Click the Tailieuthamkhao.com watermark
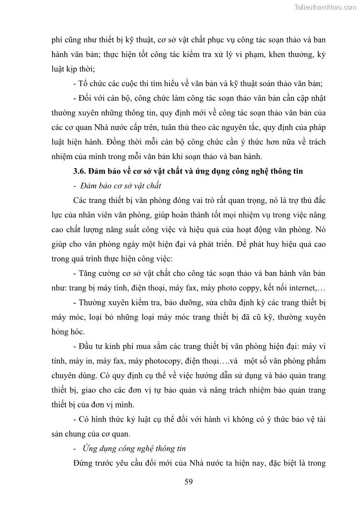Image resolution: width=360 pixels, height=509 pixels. (326, 7)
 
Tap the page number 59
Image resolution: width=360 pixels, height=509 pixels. (189, 481)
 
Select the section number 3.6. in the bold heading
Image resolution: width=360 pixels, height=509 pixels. (80, 171)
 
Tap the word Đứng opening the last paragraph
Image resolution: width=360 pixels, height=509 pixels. (83, 463)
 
